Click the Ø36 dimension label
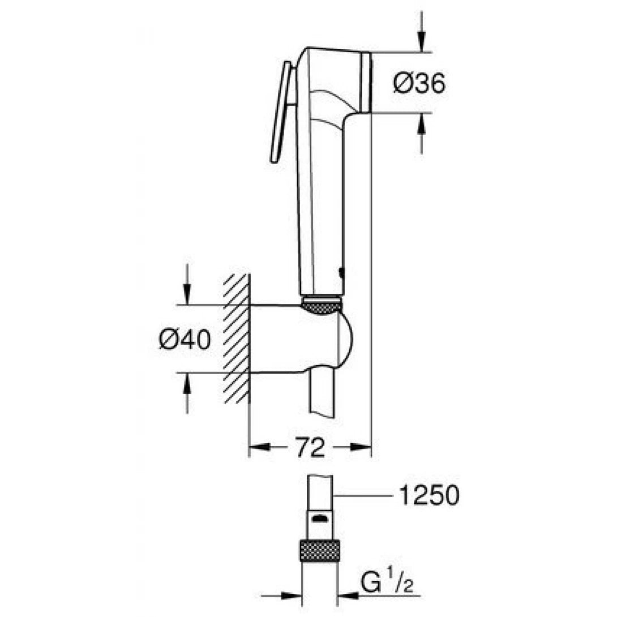(419, 84)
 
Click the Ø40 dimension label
(185, 340)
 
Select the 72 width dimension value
(311, 448)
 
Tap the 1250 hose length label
(429, 496)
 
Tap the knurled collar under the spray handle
(322, 306)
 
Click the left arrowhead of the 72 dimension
(258, 448)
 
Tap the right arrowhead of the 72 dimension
(362, 448)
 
